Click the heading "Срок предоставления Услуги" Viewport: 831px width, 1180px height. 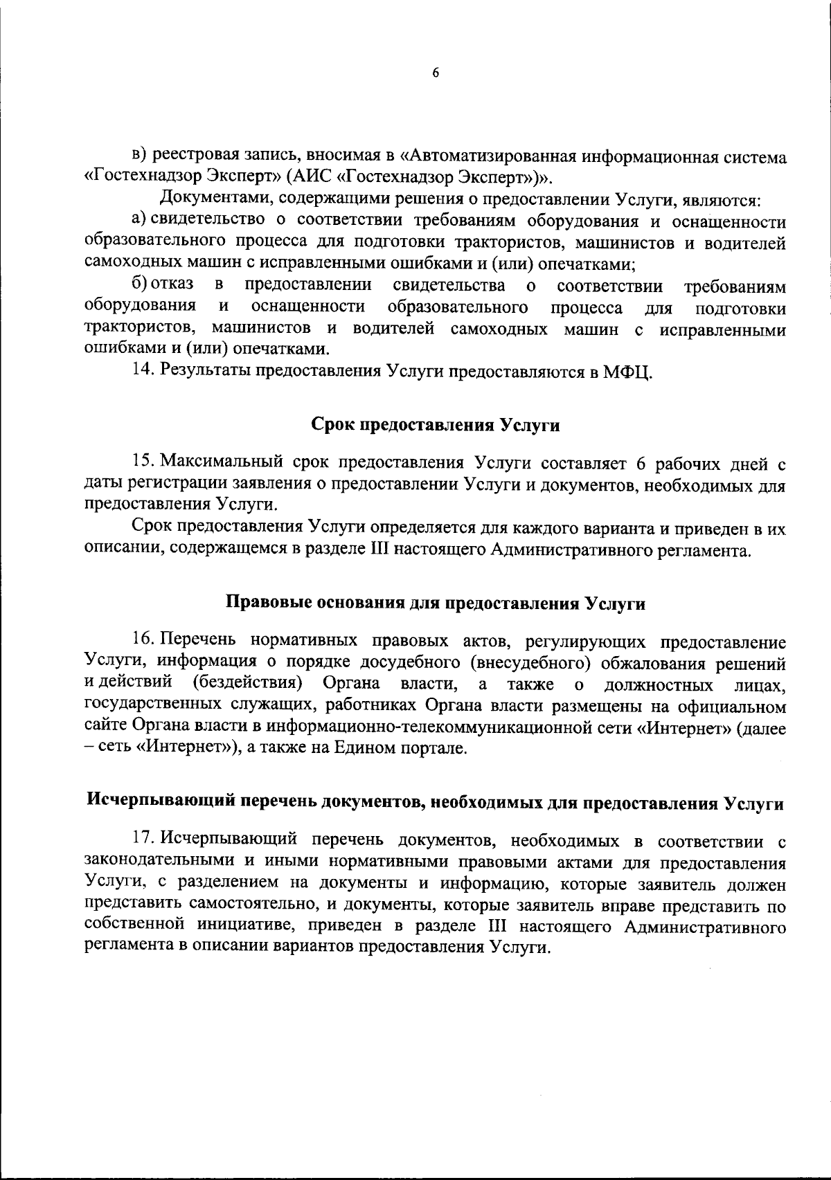point(435,425)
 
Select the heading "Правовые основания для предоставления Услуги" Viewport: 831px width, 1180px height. point(436,603)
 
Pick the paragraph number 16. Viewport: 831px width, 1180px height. point(141,641)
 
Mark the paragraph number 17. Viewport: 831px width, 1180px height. point(141,839)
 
